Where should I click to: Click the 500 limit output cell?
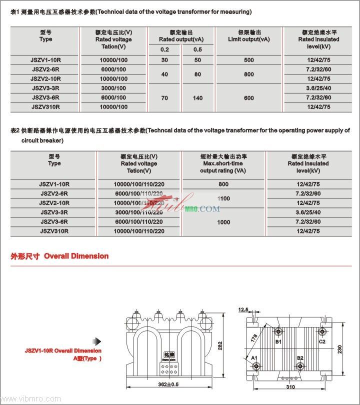click(249, 60)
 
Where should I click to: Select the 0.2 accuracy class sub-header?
click(164, 49)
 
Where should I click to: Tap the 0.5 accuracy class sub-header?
click(197, 49)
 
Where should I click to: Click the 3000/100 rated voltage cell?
click(113, 88)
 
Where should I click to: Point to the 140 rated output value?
click(197, 98)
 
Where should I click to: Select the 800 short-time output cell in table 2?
click(223, 184)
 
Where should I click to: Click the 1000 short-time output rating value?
click(223, 221)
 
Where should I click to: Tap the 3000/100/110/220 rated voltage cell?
click(138, 212)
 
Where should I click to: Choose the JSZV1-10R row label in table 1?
click(45, 60)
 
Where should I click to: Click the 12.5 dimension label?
click(243, 310)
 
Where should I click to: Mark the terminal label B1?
click(278, 341)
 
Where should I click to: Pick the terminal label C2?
click(322, 341)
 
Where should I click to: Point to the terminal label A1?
click(254, 358)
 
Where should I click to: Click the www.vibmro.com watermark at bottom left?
click(31, 399)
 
